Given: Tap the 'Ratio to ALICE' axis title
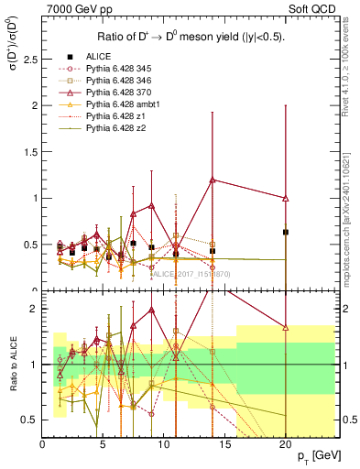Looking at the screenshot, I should (x=11, y=376).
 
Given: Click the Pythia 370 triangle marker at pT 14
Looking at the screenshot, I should (x=213, y=180).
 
